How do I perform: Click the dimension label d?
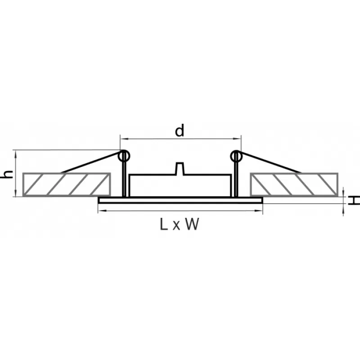(180, 130)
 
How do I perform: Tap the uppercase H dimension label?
(354, 200)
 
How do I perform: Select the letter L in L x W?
(163, 224)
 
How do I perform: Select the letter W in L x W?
(192, 224)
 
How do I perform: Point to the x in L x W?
(176, 226)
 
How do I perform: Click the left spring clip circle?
(124, 156)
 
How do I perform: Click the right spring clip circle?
(236, 156)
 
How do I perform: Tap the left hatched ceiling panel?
(67, 184)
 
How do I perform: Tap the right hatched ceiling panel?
(294, 184)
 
